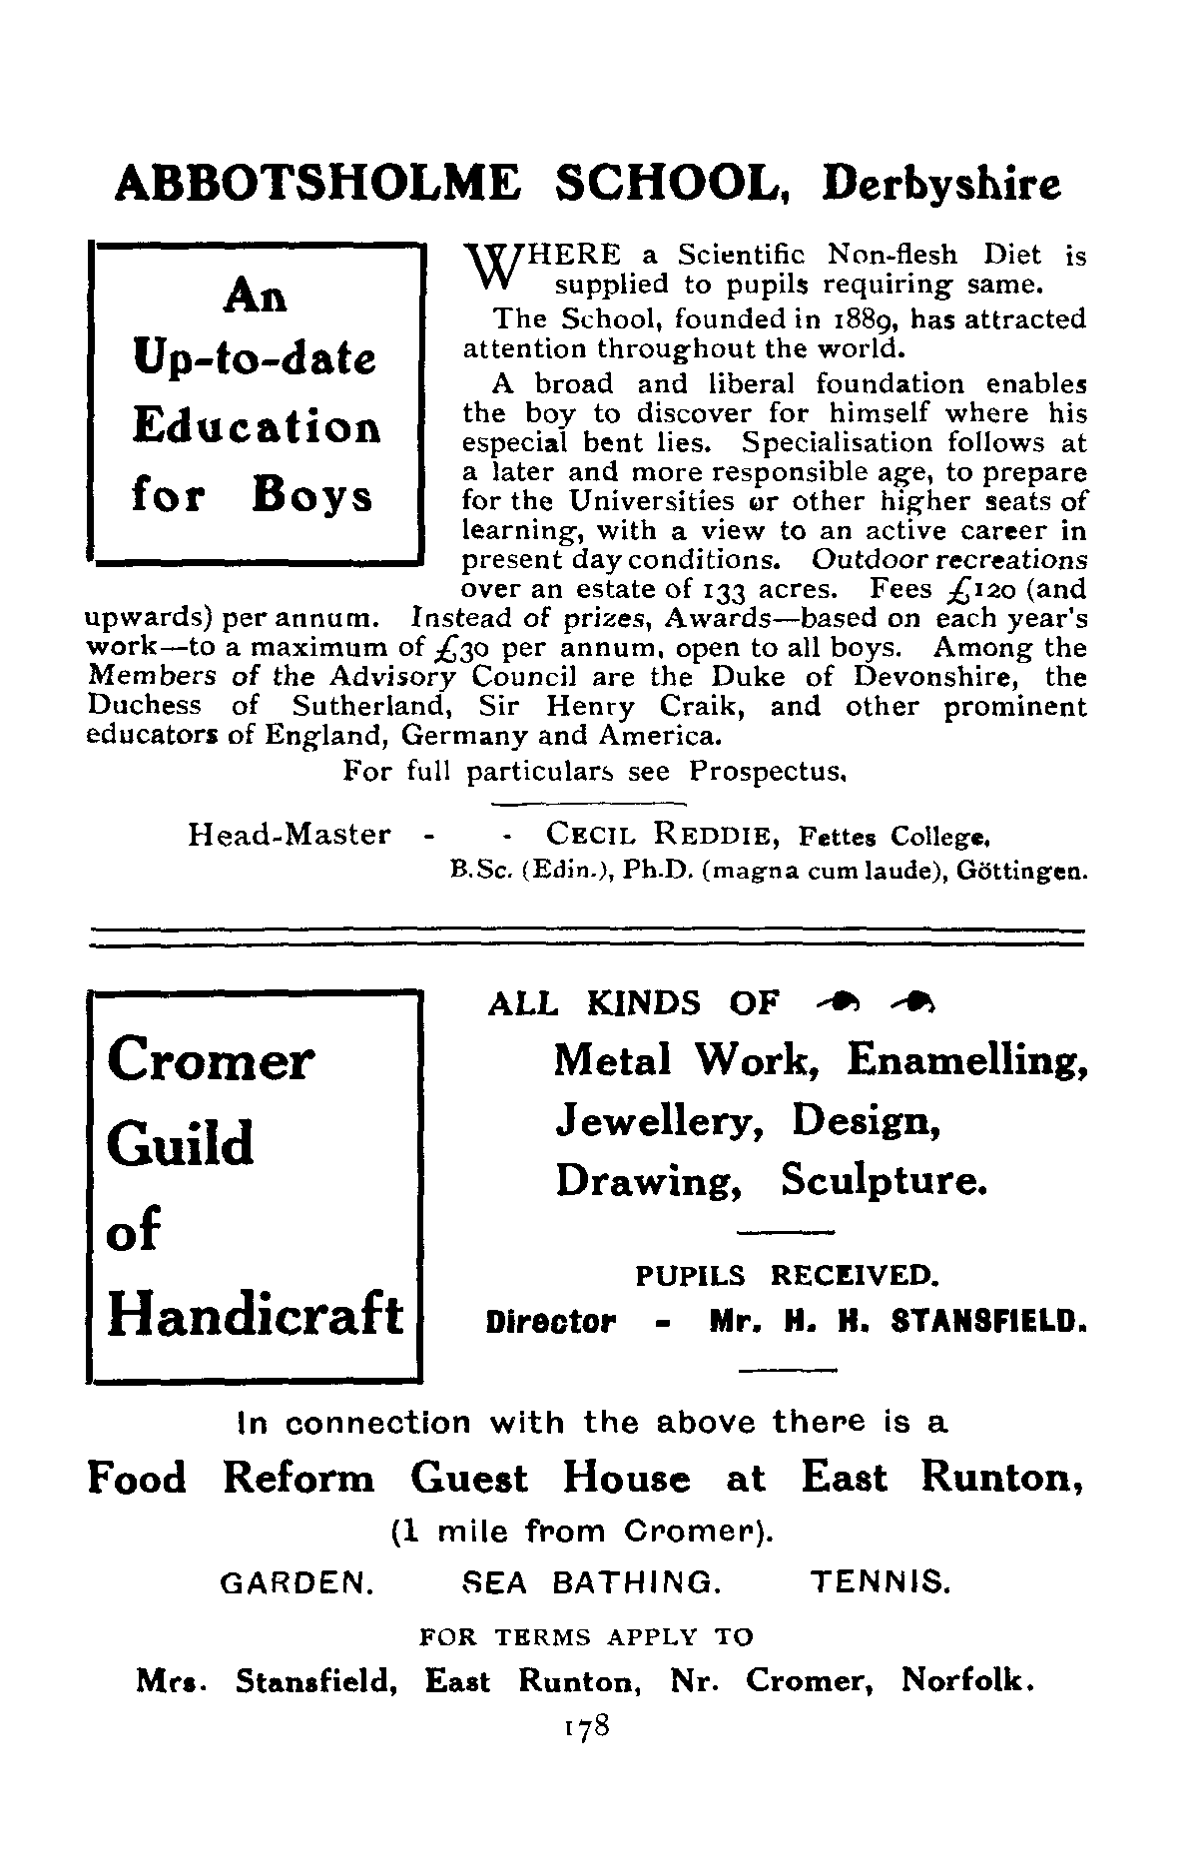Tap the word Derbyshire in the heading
(941, 187)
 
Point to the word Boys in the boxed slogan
(312, 495)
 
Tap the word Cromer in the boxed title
(210, 1060)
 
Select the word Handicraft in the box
(256, 1314)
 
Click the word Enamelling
(966, 1059)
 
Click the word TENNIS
(879, 1582)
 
